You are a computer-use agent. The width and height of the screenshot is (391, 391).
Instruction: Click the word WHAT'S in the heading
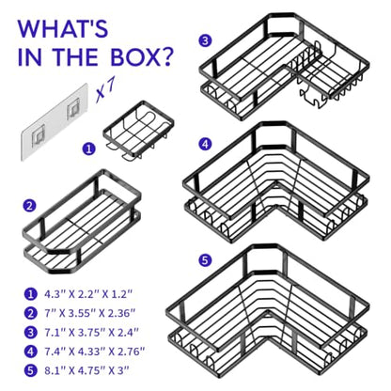63,29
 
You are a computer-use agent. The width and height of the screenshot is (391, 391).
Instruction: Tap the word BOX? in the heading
142,56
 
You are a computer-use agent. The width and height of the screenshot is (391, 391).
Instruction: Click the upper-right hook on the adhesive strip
73,108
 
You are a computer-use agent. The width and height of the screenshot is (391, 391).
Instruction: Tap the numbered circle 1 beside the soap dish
88,149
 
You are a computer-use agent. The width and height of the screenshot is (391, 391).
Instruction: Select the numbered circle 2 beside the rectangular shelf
29,206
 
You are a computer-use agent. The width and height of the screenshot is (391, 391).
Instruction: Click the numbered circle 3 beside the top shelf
205,40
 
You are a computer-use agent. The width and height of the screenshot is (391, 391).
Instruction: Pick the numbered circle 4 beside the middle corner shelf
205,144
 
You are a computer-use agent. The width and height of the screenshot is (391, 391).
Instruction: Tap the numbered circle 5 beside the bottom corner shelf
205,260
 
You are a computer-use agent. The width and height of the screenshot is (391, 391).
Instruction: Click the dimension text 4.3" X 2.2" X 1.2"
88,294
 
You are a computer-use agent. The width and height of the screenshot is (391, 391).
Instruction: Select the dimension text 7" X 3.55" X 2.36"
90,313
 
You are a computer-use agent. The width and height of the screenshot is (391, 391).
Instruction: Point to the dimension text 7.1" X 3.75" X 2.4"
91,333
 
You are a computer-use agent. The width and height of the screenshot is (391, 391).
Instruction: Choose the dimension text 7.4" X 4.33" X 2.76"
94,352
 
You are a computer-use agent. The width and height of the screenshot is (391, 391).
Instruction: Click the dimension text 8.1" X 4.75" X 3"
86,370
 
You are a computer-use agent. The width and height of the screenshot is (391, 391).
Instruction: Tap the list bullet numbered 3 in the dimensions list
30,333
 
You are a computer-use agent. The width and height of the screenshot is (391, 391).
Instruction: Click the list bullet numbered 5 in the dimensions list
30,370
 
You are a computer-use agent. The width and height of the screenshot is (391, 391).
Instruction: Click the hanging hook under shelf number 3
312,98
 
